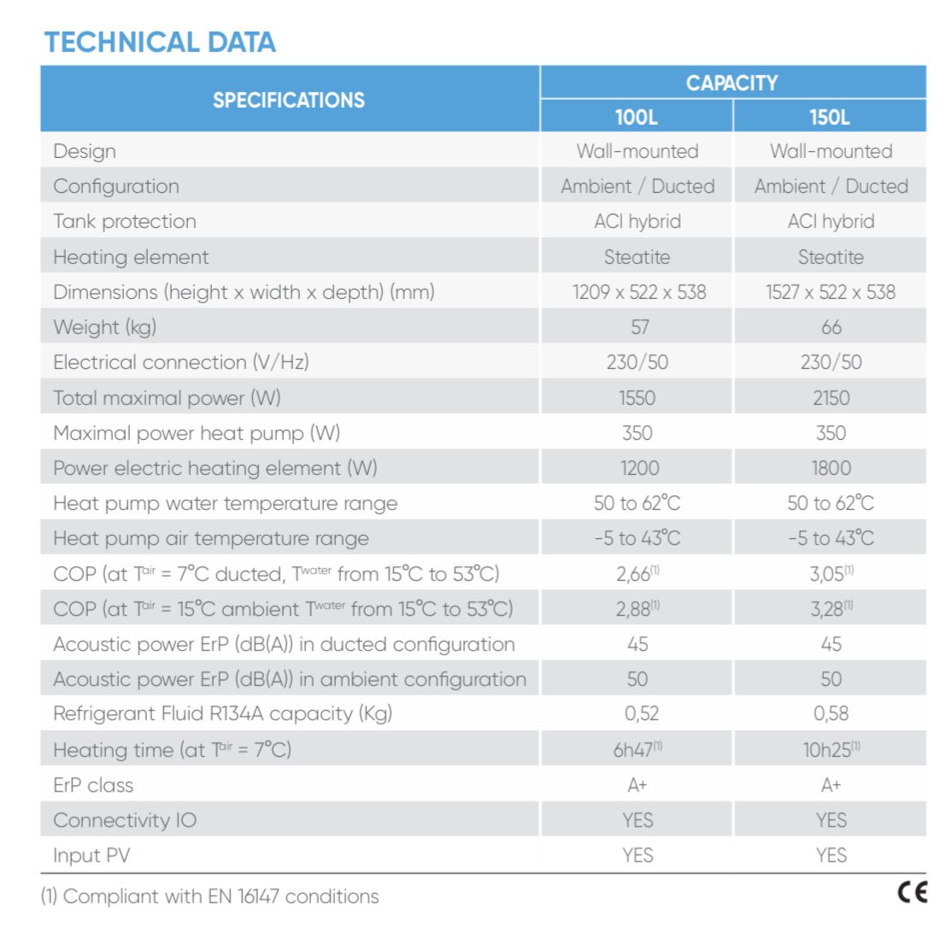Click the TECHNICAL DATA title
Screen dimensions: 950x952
(160, 42)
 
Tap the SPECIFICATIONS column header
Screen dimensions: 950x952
(289, 100)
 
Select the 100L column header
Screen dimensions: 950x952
(637, 117)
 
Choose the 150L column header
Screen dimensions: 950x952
(830, 117)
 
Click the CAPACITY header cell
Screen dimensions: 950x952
(732, 83)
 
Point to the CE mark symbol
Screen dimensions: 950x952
(912, 893)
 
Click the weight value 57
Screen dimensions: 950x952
(639, 327)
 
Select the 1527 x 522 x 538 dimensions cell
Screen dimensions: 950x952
(830, 292)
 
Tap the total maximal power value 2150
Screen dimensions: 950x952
(831, 397)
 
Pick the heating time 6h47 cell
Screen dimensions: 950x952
(638, 750)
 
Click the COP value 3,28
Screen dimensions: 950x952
(831, 609)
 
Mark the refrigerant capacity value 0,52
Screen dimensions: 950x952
(638, 713)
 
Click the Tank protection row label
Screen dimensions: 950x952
(125, 221)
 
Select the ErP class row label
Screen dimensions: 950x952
(93, 785)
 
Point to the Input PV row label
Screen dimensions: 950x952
(91, 855)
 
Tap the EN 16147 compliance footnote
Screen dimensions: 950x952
(209, 896)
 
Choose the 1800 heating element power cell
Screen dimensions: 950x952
(831, 468)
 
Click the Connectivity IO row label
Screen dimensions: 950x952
(125, 820)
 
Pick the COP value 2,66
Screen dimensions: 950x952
(638, 574)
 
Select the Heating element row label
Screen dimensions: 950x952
(131, 257)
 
